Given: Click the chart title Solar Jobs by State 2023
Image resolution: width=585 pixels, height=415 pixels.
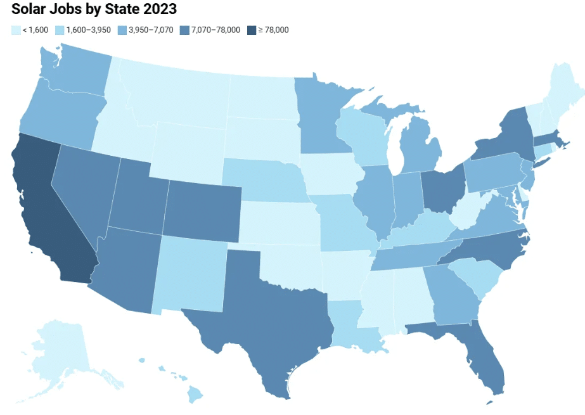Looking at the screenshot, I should coord(94,10).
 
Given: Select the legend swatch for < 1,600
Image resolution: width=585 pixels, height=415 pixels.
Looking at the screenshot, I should coord(15,30).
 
